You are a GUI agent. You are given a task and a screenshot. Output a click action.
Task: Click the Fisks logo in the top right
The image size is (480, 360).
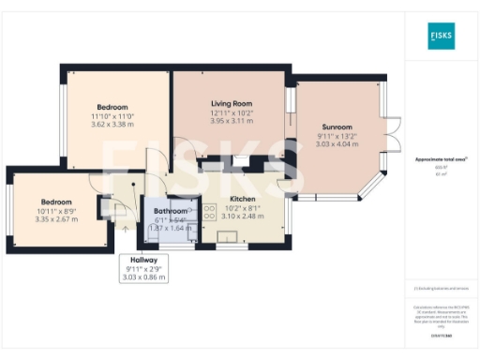(441, 38)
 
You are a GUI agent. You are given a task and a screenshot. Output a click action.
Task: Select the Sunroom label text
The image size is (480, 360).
(337, 127)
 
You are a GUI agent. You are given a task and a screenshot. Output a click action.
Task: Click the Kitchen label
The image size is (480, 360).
(243, 200)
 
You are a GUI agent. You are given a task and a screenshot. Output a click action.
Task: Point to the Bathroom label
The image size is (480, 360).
(170, 211)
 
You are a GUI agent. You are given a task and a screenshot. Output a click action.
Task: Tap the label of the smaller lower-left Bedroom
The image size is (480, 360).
(55, 202)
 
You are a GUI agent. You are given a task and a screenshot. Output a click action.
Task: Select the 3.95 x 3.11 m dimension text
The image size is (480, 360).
(230, 122)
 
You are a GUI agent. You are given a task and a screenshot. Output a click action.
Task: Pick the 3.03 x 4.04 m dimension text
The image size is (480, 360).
(337, 144)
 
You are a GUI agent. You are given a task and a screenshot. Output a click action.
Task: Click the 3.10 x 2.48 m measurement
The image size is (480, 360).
(243, 216)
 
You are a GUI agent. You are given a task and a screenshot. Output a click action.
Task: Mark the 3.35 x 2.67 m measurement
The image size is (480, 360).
(55, 218)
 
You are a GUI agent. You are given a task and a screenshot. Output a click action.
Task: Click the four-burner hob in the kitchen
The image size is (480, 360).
(208, 214)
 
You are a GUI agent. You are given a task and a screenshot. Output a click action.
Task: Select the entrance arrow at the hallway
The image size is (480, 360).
(125, 226)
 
